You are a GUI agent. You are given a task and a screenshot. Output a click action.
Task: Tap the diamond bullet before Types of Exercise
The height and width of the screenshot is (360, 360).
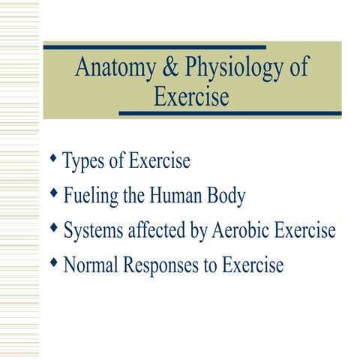point(52,159)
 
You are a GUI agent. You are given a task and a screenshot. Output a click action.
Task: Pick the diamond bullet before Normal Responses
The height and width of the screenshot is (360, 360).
point(52,262)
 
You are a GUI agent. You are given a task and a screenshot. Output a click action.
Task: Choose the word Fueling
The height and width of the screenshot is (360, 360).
point(91,196)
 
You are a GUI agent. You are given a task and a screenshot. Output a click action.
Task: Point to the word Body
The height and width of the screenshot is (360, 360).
point(228,196)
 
